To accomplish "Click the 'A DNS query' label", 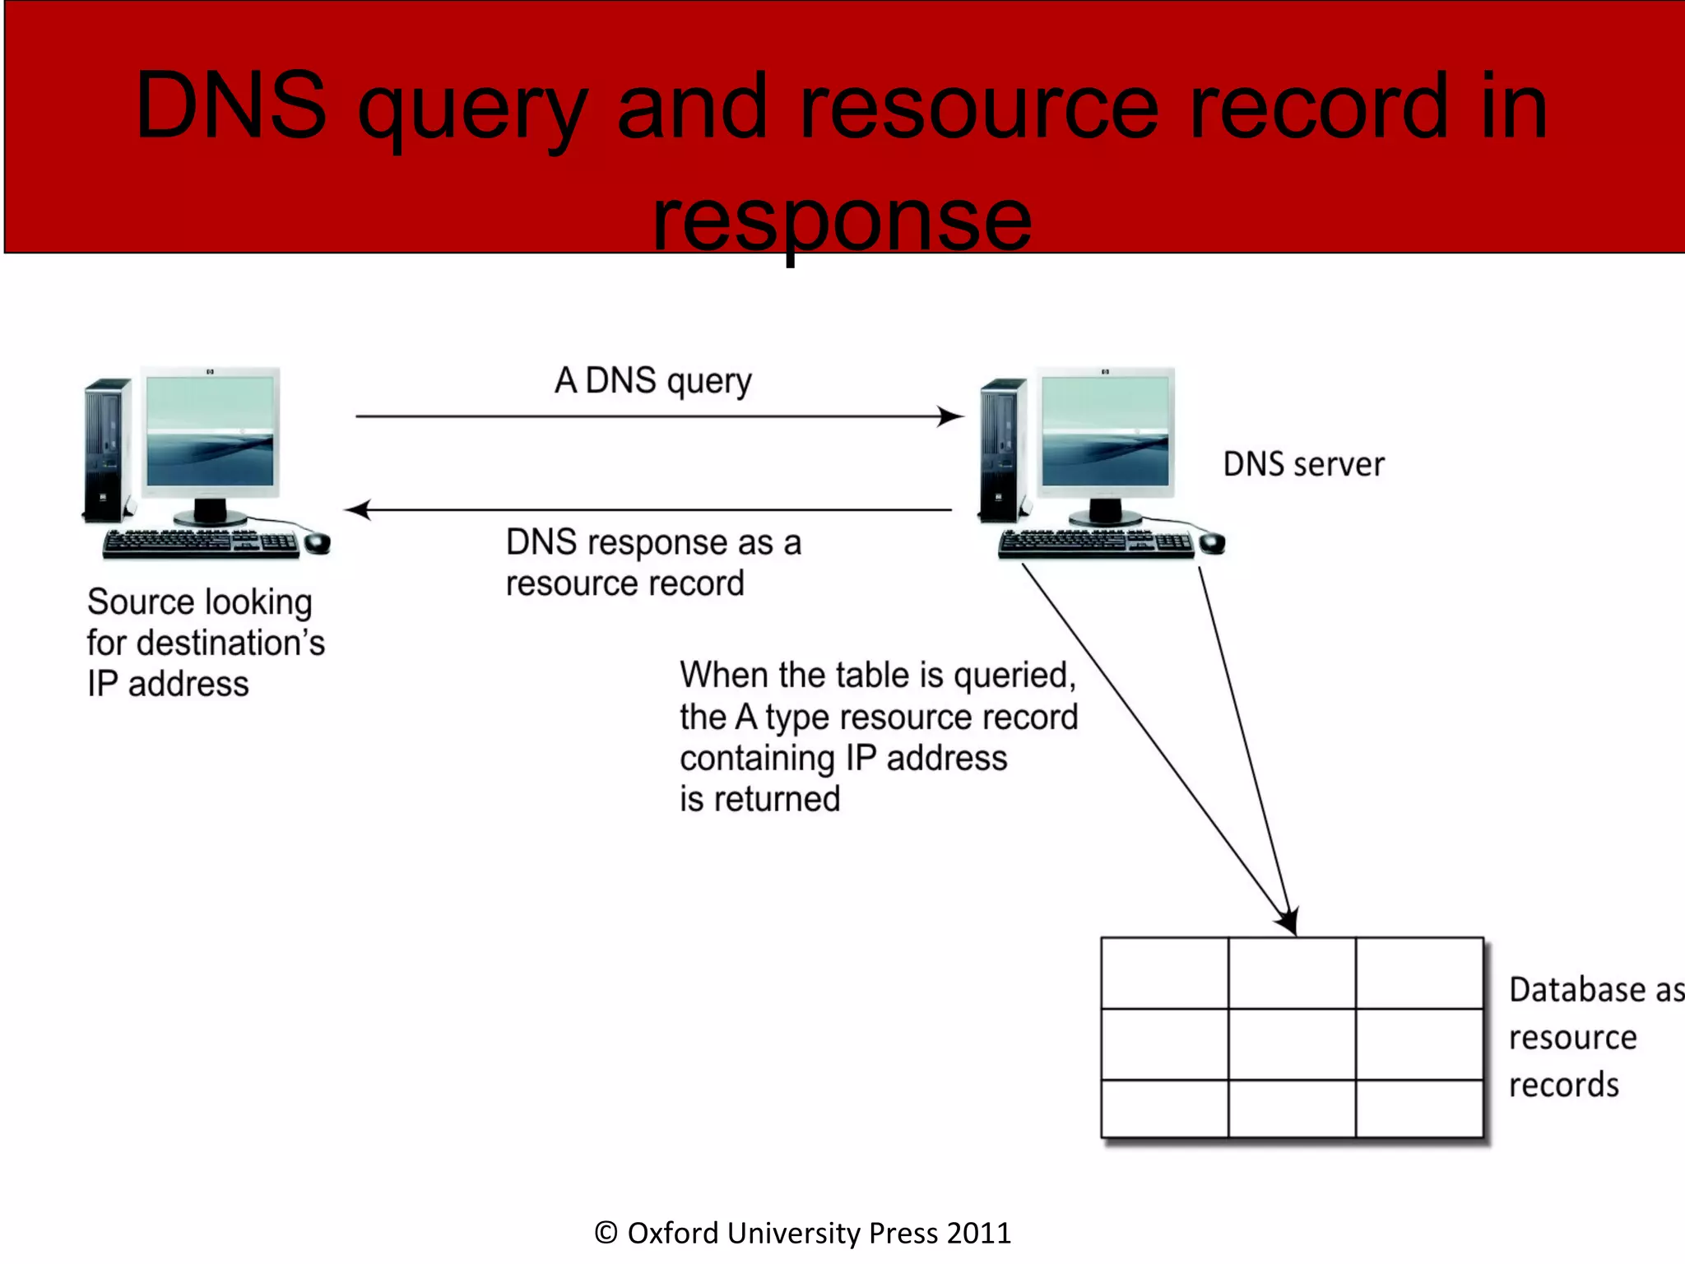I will (x=652, y=381).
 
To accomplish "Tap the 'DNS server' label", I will (x=1303, y=464).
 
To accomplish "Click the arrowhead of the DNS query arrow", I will (x=952, y=416).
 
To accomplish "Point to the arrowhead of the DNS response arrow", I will (x=358, y=510).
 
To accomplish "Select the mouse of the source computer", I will (x=318, y=542).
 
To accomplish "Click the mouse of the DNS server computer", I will (x=1212, y=542).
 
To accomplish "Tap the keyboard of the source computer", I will (x=200, y=542).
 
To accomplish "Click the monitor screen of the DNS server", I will (x=1104, y=433).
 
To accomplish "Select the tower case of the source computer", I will (x=107, y=449).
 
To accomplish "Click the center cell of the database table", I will (x=1292, y=1043).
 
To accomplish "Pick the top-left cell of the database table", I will (x=1164, y=973).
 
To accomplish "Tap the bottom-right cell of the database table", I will (x=1419, y=1108).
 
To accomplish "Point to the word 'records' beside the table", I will (x=1563, y=1085).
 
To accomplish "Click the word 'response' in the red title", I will (x=842, y=219).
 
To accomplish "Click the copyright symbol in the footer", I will (x=606, y=1233).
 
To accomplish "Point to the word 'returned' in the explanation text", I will (x=776, y=799).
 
